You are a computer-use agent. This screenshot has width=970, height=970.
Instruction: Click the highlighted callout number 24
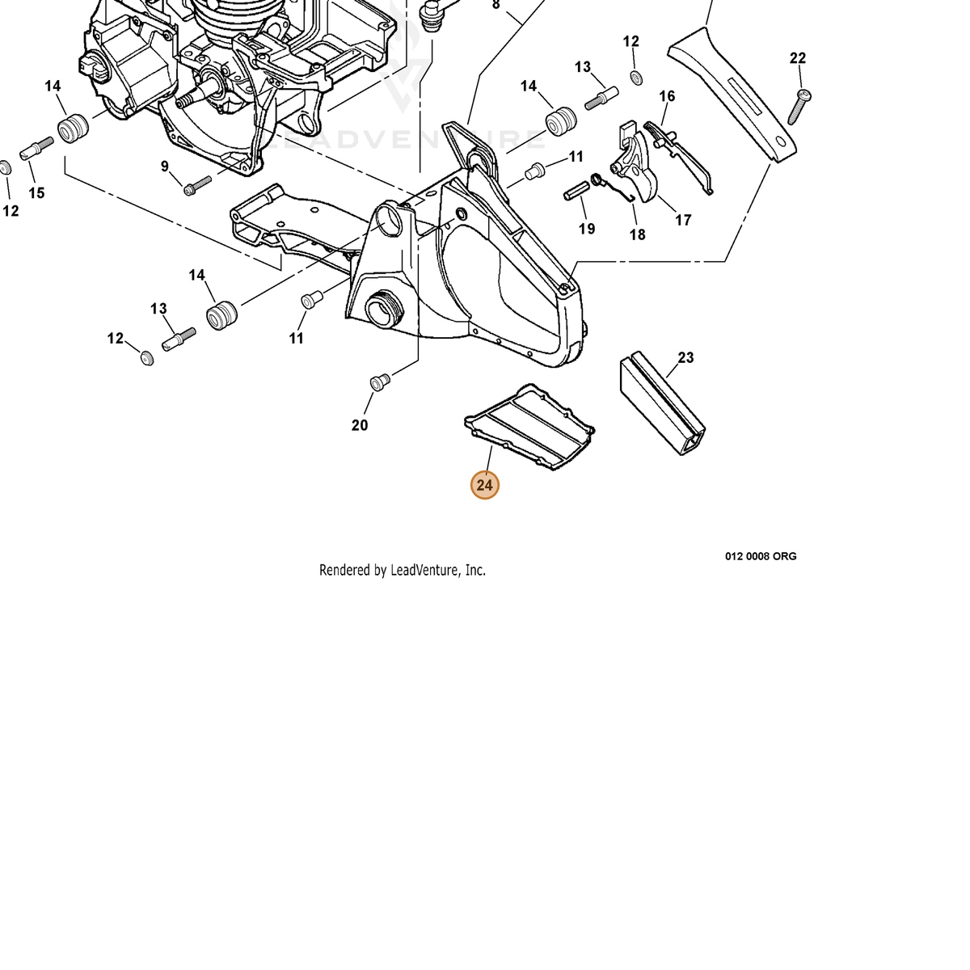click(x=484, y=485)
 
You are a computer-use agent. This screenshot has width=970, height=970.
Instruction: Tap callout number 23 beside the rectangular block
click(x=685, y=357)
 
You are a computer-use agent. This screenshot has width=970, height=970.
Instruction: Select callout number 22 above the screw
click(x=797, y=58)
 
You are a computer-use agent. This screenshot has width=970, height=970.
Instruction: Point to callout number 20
click(x=360, y=425)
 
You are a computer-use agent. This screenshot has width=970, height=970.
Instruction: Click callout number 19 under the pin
click(x=586, y=229)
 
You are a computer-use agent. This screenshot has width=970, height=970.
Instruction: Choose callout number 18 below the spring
click(x=637, y=234)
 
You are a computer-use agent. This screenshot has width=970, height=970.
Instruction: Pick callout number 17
click(x=682, y=220)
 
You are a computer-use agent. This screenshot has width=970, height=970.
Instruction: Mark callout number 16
click(x=667, y=96)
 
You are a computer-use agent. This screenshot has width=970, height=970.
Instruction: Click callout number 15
click(x=36, y=193)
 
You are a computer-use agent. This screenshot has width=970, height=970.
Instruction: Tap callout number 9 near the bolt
click(x=165, y=167)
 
